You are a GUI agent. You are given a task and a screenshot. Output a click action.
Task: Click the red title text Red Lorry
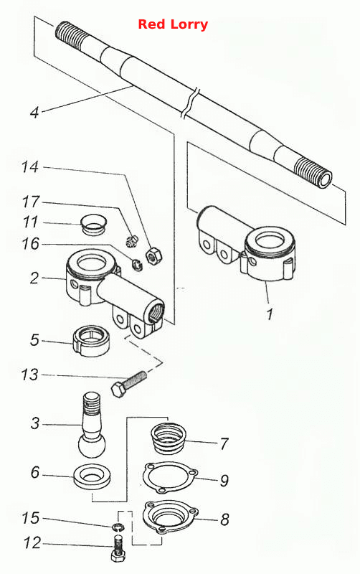pyautogui.click(x=173, y=24)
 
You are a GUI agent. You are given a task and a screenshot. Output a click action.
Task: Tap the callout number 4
pyautogui.click(x=34, y=112)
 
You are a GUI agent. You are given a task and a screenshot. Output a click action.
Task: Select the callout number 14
pyautogui.click(x=29, y=167)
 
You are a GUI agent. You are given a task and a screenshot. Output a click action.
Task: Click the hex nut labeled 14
pyautogui.click(x=154, y=255)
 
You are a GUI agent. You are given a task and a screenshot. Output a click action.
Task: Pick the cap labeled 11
pyautogui.click(x=93, y=223)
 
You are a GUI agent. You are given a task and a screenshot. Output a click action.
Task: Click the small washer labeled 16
pyautogui.click(x=137, y=265)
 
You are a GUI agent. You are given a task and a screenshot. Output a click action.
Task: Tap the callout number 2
pyautogui.click(x=34, y=278)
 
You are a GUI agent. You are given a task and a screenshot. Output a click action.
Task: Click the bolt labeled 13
pyautogui.click(x=128, y=384)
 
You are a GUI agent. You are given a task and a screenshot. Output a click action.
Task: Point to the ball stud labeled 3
pyautogui.click(x=92, y=425)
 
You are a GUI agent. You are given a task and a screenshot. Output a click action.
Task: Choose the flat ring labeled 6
pyautogui.click(x=93, y=476)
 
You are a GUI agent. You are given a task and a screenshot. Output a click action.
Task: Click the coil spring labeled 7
pyautogui.click(x=169, y=438)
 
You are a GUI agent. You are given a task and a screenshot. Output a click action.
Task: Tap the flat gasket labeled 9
pyautogui.click(x=170, y=478)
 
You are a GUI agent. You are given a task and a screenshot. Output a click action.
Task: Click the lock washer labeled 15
pyautogui.click(x=118, y=527)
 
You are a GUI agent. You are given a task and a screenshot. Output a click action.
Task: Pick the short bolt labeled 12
pyautogui.click(x=118, y=548)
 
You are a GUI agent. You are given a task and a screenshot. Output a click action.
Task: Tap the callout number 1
pyautogui.click(x=269, y=314)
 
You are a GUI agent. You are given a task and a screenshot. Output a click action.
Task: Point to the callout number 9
pyautogui.click(x=224, y=480)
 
